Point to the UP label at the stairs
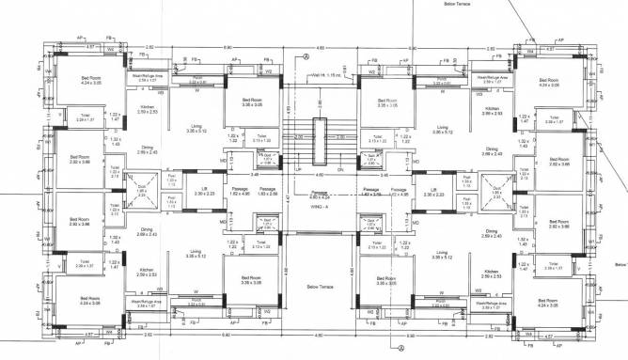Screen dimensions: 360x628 298,169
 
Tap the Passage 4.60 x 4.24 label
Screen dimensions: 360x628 313,195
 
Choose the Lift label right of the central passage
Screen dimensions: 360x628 434,190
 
